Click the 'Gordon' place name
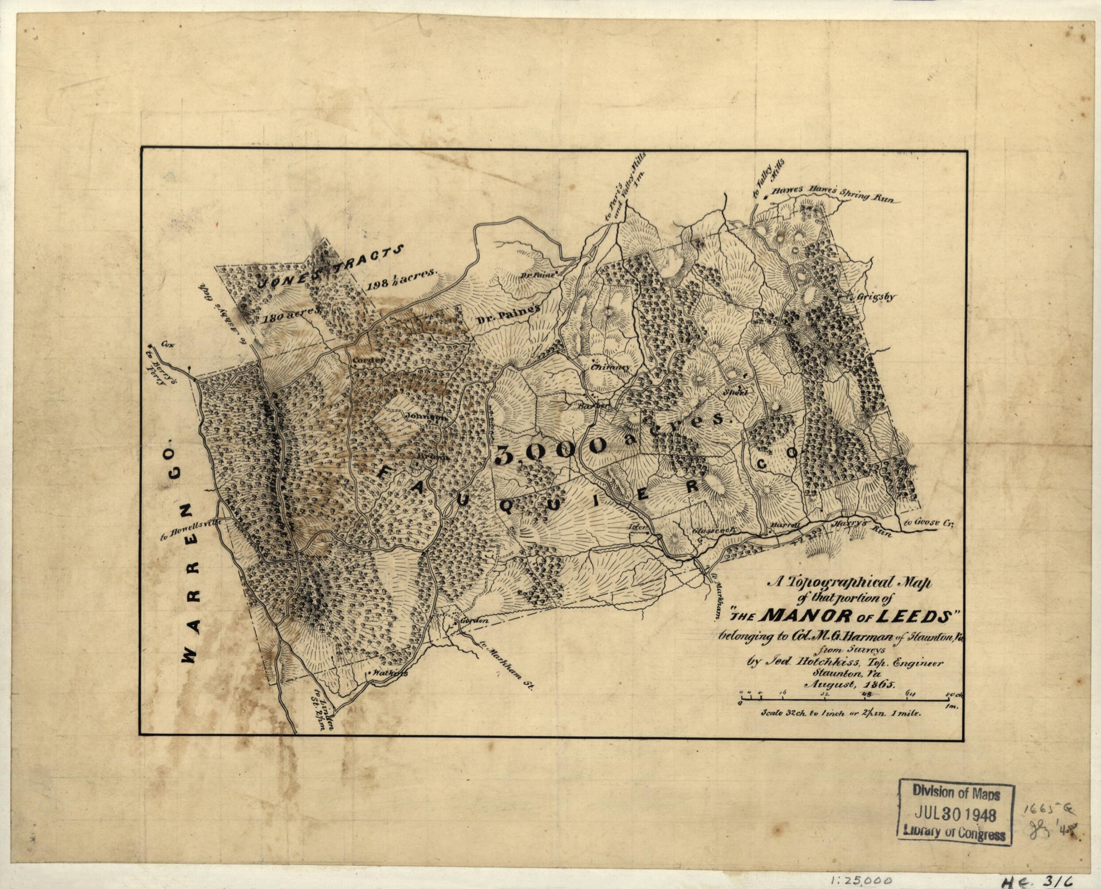[472, 620]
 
